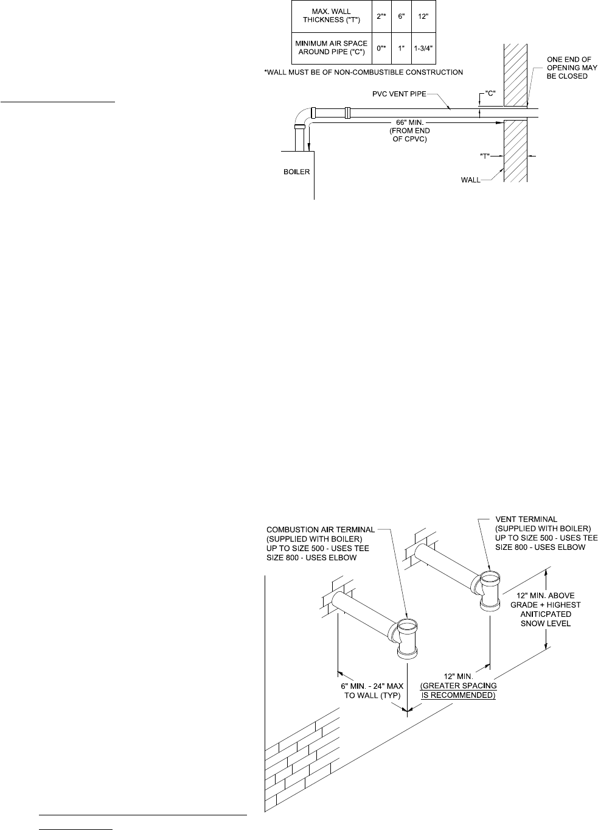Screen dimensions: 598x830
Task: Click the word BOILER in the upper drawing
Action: pos(297,172)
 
